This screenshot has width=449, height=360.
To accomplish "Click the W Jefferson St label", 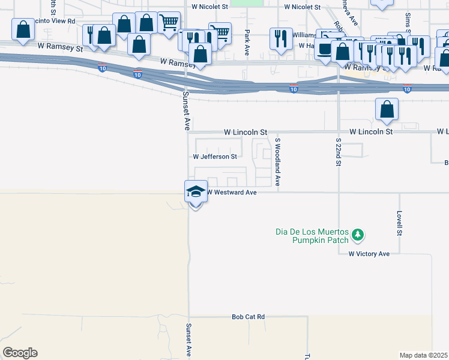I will pos(214,157).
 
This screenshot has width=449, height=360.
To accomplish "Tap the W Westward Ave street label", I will pos(232,193).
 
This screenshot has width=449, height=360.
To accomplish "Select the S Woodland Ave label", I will pos(278,161).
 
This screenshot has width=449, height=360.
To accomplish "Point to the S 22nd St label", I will pos(338,150).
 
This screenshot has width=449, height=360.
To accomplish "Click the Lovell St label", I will pos(399,223).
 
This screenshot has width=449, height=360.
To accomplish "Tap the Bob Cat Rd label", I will pos(248,316).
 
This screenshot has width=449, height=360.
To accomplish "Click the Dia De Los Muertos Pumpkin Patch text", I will pos(312,236).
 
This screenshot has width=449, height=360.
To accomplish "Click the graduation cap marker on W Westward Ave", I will pos(196,191).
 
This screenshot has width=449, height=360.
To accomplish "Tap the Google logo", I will pos(20,353).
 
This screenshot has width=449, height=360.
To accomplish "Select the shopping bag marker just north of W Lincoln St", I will pos(387,109).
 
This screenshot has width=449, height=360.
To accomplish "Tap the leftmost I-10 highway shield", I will pos(102,68).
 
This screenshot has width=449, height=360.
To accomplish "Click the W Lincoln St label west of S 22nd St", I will pos(245,131).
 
